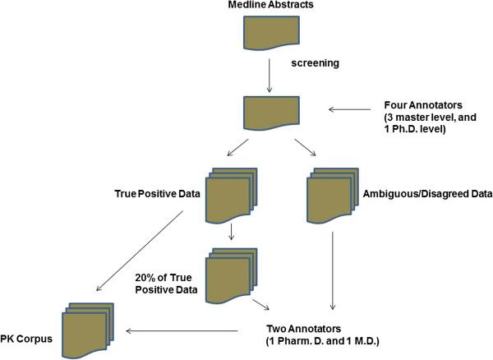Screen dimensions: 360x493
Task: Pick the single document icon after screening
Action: coord(268,112)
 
